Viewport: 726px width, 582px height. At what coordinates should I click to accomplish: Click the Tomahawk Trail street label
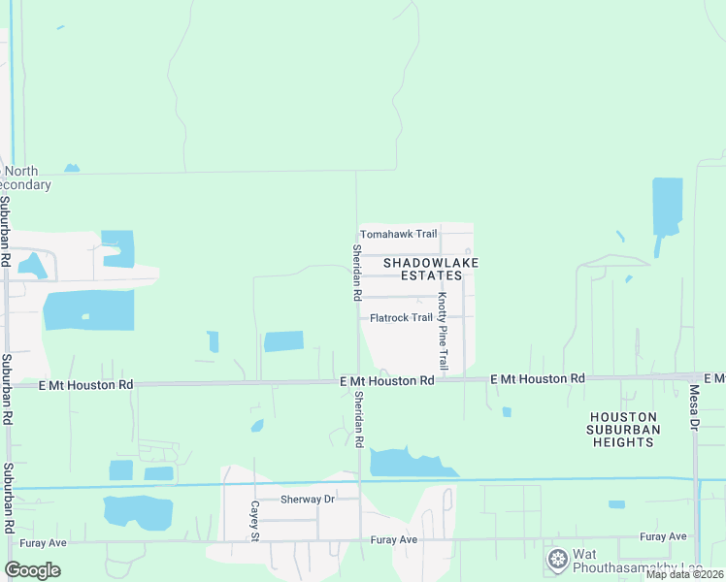(x=399, y=235)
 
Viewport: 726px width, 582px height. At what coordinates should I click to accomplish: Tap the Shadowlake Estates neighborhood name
(x=431, y=269)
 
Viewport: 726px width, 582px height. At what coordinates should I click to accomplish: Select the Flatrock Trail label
(x=401, y=318)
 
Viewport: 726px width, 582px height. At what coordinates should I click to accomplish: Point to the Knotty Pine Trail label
(x=443, y=331)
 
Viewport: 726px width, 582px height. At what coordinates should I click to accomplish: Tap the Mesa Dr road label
(x=694, y=408)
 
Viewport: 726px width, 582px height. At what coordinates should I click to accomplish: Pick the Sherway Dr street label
(x=307, y=500)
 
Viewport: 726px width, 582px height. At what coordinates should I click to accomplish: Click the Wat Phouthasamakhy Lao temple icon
(x=557, y=559)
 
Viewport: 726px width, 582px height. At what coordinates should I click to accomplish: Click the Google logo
(x=32, y=570)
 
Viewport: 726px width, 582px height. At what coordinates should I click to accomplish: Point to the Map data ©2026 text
(x=683, y=574)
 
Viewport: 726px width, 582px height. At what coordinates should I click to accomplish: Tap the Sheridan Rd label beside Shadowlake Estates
(x=357, y=272)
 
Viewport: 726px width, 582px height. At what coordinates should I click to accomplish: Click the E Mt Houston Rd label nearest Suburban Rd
(x=85, y=385)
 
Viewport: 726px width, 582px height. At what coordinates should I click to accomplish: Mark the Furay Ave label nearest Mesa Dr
(x=663, y=536)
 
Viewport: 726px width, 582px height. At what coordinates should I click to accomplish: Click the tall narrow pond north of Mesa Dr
(x=667, y=207)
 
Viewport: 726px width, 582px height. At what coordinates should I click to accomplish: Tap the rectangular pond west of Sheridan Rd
(x=283, y=341)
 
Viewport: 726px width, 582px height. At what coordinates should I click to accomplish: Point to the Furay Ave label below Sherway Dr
(x=393, y=539)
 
